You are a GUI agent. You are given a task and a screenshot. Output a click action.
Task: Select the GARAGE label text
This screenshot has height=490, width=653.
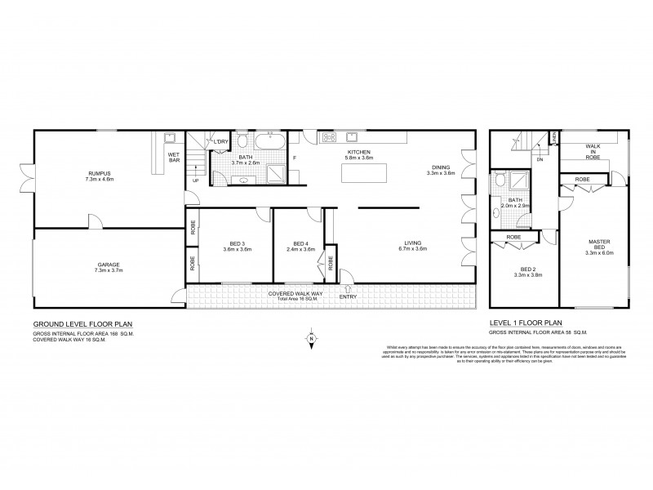coord(109,265)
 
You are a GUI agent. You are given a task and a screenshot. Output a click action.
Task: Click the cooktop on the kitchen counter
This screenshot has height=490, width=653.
coord(331,136)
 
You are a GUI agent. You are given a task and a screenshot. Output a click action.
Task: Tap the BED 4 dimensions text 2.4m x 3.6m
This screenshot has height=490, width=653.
coord(300,250)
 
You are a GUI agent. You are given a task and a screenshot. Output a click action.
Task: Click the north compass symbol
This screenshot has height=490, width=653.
coord(311,339)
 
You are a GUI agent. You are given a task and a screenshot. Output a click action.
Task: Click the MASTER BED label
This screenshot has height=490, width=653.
coord(604,243)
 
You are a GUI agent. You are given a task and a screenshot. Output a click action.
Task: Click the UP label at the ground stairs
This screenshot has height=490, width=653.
coord(194,181)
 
